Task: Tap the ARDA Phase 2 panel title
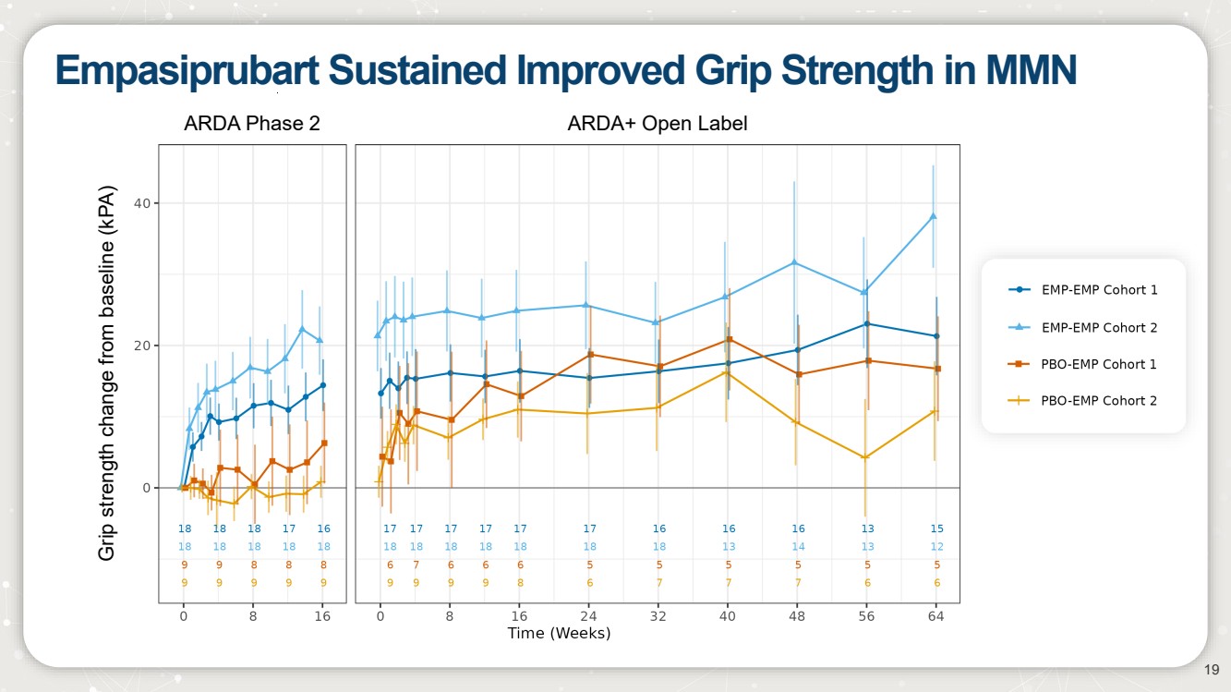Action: (252, 123)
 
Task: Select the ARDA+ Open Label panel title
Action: (658, 123)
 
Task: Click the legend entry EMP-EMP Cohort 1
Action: (1099, 289)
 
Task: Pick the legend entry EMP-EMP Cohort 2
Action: (1099, 327)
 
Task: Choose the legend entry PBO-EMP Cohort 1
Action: (1099, 364)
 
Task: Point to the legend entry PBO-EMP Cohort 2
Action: (1099, 400)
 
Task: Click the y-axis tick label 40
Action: (143, 203)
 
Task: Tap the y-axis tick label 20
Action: (143, 346)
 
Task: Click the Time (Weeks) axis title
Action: (559, 634)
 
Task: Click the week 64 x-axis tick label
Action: (936, 616)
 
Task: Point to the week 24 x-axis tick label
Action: (589, 616)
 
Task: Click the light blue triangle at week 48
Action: (797, 262)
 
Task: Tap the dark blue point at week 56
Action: (867, 323)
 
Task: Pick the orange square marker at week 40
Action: (729, 340)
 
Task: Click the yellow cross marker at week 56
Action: (865, 457)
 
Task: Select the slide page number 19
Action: (1213, 670)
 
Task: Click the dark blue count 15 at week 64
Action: (936, 528)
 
